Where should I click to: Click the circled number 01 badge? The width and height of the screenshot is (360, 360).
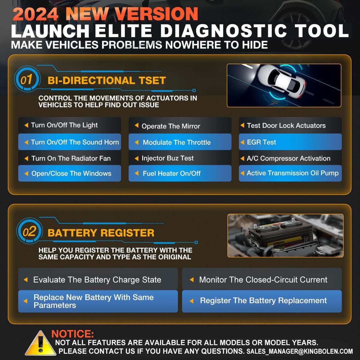pos(27,80)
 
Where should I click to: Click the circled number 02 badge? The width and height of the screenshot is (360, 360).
pos(29,232)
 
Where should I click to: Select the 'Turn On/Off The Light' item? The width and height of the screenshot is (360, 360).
pos(69,125)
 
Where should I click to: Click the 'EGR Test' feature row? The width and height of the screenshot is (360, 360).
pos(290,142)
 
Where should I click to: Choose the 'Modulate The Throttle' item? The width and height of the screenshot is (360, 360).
pos(180,142)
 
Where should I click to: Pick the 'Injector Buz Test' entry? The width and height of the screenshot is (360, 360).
pos(180,158)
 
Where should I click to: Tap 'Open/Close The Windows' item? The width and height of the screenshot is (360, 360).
pos(69,173)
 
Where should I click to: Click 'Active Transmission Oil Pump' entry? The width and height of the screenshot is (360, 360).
pos(290,173)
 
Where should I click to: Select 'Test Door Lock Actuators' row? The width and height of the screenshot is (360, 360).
pos(290,125)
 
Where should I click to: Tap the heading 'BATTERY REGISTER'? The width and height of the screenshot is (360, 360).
pos(101,233)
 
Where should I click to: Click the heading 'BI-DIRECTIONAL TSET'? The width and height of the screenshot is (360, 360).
pos(106,80)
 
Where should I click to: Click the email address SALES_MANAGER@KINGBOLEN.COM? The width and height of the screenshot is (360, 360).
pos(299,351)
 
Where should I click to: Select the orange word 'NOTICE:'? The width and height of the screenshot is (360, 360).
pos(73,334)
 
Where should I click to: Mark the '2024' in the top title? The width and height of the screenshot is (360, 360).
pos(35,14)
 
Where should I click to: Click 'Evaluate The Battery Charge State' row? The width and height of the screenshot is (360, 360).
pos(97,280)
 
